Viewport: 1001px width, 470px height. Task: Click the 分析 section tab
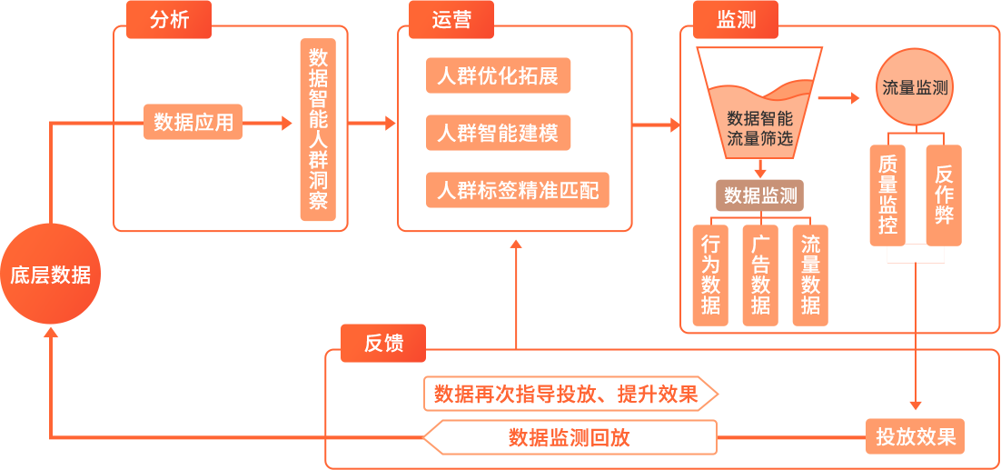[x=169, y=19]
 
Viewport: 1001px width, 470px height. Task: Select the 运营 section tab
[x=451, y=19]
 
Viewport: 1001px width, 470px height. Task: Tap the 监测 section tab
[x=736, y=19]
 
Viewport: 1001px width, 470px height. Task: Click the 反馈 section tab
[x=382, y=343]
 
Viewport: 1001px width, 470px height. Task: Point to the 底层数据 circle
[x=51, y=275]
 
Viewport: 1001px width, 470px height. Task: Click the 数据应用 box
[x=193, y=122]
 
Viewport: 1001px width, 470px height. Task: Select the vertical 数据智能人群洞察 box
[x=318, y=129]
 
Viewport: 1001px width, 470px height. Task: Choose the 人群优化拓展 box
[x=498, y=76]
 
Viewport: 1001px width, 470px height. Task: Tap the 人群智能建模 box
[x=498, y=134]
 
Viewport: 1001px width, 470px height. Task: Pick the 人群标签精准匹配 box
[x=517, y=191]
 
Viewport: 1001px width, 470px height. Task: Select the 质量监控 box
[x=887, y=195]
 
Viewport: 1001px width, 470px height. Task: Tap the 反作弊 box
[x=943, y=195]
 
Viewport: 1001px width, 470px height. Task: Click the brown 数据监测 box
[x=760, y=195]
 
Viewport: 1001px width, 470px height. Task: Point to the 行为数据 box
[x=710, y=275]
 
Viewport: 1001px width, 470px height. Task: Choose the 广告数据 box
[x=760, y=275]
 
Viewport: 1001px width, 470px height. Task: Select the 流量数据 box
[x=810, y=275]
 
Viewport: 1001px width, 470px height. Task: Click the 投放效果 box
[x=915, y=436]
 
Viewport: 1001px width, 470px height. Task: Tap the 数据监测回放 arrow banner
[x=570, y=437]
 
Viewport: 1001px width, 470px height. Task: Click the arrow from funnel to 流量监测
[x=837, y=97]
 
